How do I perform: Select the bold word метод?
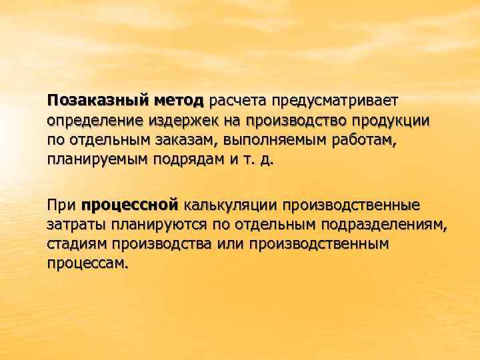pos(179,101)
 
